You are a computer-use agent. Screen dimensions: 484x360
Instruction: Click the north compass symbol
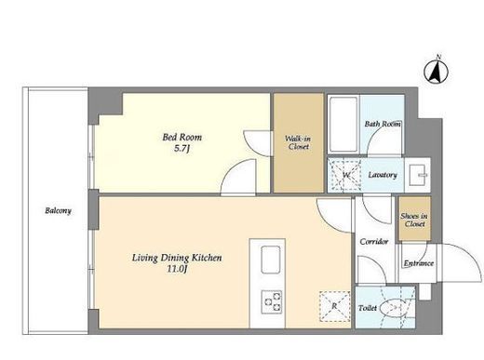coord(437,71)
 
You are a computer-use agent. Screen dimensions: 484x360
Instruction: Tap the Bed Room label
coord(182,137)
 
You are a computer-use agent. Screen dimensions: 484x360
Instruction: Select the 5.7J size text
coord(181,149)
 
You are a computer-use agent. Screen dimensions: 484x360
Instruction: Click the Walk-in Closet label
coord(298,142)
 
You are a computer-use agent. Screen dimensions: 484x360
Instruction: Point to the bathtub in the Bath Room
coord(343,124)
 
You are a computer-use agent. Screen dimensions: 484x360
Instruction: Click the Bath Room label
coord(383,124)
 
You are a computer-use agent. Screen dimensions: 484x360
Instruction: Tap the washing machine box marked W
coord(344,175)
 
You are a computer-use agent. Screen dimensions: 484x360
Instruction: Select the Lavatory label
coord(383,175)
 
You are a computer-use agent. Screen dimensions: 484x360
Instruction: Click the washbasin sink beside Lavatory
coord(418,175)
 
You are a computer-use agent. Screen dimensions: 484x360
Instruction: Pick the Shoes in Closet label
coord(414,220)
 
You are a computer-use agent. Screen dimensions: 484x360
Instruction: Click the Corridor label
coord(374,241)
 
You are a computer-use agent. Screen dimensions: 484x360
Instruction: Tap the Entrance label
coord(419,263)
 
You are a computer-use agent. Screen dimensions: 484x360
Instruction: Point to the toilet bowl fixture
coord(394,308)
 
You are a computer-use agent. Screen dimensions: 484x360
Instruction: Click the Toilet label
coord(368,308)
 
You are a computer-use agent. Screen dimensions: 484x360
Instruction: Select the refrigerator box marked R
coord(334,306)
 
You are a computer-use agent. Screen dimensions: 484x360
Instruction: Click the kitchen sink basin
coord(271,260)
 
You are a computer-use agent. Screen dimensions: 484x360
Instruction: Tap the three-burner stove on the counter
coord(272,301)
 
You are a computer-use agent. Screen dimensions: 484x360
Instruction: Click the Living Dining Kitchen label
coord(177,258)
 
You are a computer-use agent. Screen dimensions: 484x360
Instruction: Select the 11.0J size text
coord(177,269)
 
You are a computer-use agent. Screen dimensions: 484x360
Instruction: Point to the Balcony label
coord(58,211)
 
